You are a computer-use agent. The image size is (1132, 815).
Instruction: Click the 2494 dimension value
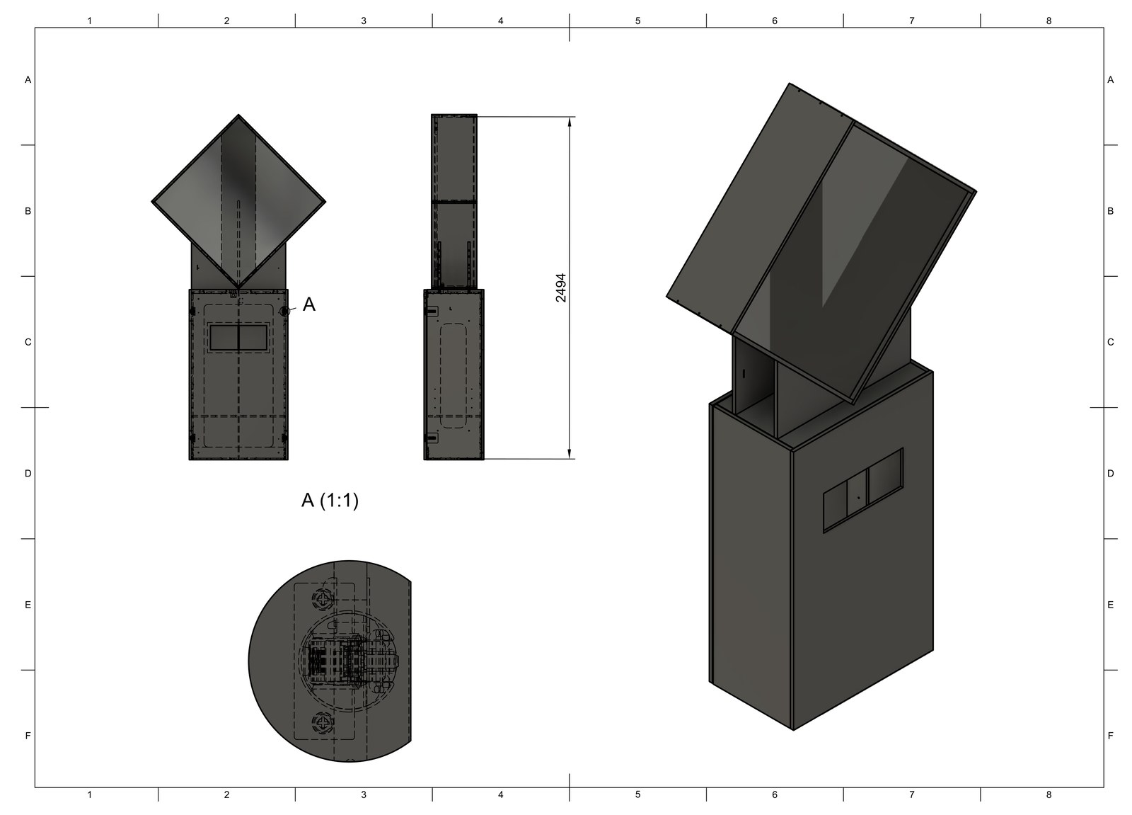[561, 288]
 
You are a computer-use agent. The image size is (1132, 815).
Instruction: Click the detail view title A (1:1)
[330, 501]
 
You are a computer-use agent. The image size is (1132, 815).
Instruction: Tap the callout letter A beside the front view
[308, 304]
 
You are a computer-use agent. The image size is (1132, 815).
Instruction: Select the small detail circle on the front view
[285, 311]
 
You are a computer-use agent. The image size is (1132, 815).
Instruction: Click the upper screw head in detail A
[323, 600]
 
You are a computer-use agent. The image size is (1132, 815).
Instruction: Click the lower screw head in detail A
[323, 722]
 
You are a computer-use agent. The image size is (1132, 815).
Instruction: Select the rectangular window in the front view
[238, 338]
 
